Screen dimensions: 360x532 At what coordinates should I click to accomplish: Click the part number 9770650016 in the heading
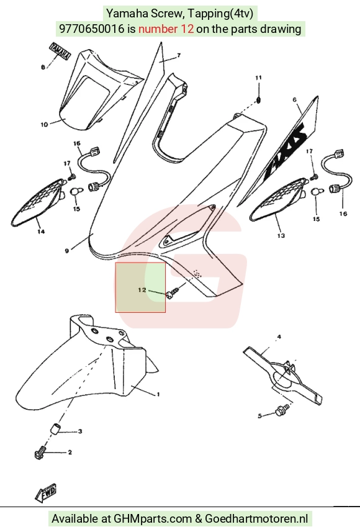click(x=92, y=29)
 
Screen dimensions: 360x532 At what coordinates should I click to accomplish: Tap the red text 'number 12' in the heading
click(x=166, y=29)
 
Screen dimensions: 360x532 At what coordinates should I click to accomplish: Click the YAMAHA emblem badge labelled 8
click(x=60, y=52)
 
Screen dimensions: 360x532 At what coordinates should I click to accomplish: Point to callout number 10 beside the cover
click(x=45, y=125)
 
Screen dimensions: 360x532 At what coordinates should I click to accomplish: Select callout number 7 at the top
click(x=179, y=55)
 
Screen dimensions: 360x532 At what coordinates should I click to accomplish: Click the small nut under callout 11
click(x=259, y=101)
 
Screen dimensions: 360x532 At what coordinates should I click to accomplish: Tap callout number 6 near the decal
click(x=294, y=100)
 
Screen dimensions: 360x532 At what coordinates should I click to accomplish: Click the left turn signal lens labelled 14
click(x=37, y=202)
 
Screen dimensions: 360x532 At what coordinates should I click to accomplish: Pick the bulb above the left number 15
click(x=76, y=192)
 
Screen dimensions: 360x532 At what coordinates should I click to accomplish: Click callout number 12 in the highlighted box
click(x=142, y=290)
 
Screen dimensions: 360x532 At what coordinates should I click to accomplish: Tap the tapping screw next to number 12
click(x=173, y=293)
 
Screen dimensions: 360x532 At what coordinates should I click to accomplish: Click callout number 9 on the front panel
click(x=67, y=251)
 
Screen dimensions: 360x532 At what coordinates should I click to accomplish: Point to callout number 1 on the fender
click(x=158, y=394)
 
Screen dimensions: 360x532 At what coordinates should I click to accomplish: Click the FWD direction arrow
click(x=45, y=493)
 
